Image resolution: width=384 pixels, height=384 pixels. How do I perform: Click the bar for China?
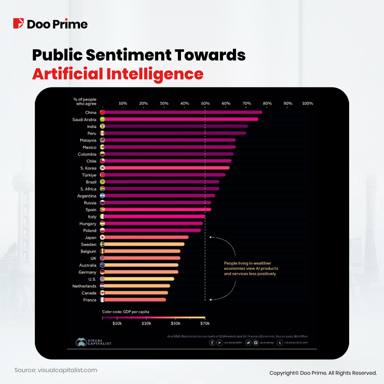182,112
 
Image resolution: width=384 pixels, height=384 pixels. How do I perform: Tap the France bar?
134,300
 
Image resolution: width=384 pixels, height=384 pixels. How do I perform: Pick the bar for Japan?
146,237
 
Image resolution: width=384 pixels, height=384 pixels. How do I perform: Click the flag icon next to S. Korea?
102,168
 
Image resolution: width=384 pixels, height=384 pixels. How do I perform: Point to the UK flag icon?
102,258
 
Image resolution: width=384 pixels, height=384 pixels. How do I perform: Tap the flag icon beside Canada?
102,293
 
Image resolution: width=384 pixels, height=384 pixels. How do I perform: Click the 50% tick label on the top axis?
205,103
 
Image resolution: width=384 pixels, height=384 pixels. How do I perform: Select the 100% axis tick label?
308,103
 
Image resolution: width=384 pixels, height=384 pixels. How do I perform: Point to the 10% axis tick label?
123,103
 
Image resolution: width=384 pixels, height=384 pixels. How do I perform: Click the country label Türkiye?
89,175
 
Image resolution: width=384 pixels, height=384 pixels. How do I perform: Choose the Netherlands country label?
84,286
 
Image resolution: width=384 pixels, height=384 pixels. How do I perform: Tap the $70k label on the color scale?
205,324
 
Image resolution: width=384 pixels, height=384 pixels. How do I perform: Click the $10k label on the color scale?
117,324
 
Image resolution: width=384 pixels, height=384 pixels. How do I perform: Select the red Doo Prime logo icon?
18,24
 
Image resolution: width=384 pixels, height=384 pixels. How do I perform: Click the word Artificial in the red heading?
67,74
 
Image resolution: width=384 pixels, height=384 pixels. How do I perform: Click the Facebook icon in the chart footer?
212,343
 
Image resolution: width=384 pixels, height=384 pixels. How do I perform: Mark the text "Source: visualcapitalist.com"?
56,370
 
